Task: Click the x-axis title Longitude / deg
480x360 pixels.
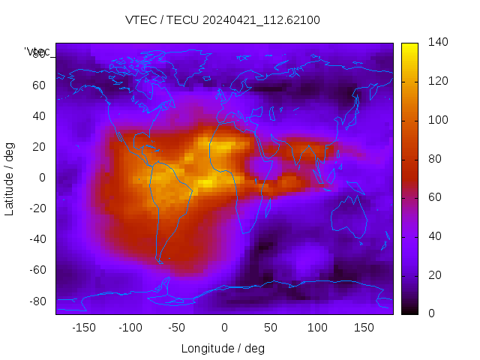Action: [x=223, y=348]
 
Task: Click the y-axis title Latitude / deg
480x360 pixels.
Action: [x=10, y=178]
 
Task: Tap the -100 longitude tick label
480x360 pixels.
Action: [x=130, y=327]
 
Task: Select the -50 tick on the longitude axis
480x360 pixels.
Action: [x=177, y=327]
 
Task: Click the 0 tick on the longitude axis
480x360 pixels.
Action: [x=224, y=327]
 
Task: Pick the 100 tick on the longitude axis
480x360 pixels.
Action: [x=317, y=327]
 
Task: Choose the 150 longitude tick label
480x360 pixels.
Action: [x=364, y=327]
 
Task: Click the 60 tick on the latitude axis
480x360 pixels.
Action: [x=39, y=85]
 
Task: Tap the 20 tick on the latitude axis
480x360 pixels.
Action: [x=39, y=147]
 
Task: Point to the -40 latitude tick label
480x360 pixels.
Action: [x=37, y=239]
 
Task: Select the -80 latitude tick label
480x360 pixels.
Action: [x=37, y=301]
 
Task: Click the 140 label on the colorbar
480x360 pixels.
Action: [x=438, y=43]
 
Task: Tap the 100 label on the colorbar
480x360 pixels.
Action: [x=438, y=120]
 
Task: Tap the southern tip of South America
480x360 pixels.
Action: [x=160, y=262]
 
